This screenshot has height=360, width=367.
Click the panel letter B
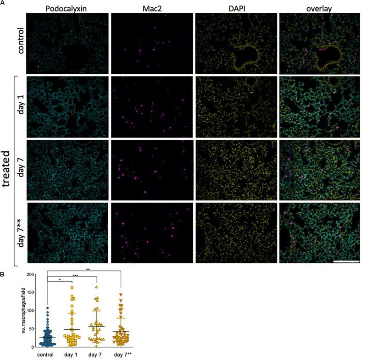[x=3, y=275]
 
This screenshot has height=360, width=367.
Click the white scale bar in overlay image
[x=345, y=261]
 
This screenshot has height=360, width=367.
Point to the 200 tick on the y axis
[x=33, y=275]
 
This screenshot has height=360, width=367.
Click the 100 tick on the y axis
[x=33, y=311]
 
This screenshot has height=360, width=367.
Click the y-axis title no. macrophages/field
[x=22, y=311]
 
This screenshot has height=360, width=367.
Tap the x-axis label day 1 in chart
[x=72, y=354]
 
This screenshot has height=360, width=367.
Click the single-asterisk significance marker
[x=59, y=280]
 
